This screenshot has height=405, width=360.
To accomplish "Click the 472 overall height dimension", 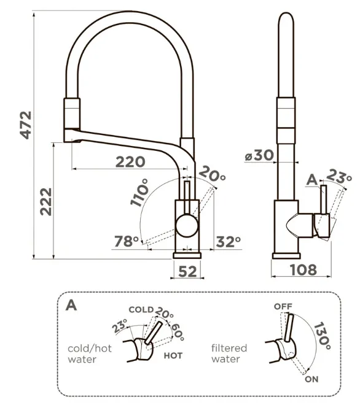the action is click(x=26, y=125).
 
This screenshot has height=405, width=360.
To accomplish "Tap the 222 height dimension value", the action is click(x=46, y=202).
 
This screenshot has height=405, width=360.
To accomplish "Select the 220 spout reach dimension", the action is click(x=130, y=162).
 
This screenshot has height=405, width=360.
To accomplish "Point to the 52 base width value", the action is click(x=187, y=271).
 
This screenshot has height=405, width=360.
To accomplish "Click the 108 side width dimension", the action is click(x=303, y=269).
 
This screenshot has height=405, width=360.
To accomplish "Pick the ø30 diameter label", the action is click(x=259, y=155).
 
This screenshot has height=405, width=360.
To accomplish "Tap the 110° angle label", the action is click(x=139, y=193).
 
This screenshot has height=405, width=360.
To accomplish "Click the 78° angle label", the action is click(x=127, y=241).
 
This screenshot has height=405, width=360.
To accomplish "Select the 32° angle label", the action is click(x=229, y=242).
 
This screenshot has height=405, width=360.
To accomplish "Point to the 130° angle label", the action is click(x=323, y=336).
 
